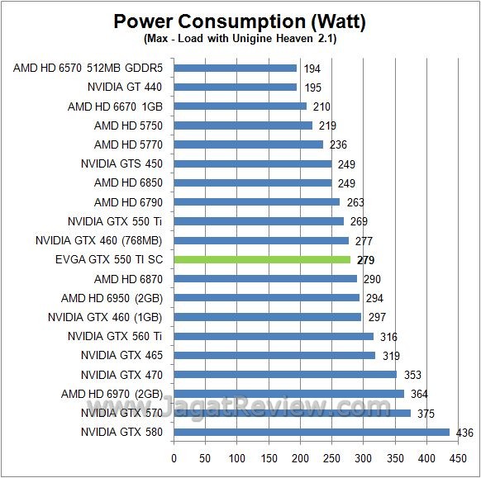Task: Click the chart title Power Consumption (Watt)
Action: click(x=240, y=21)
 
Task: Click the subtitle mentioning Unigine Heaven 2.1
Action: click(x=240, y=38)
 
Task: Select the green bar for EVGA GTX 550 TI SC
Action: click(x=262, y=259)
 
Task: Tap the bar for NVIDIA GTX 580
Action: click(x=312, y=432)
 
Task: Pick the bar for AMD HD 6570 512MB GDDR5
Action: click(x=236, y=69)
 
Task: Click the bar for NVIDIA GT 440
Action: click(x=236, y=87)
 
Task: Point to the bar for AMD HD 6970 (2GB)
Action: click(x=289, y=394)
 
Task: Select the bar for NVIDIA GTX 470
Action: click(x=285, y=374)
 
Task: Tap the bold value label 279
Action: click(x=365, y=260)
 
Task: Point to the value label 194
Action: click(x=312, y=69)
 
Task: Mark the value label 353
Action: click(x=412, y=375)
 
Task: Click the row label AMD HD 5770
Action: click(x=129, y=144)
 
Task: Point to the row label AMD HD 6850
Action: click(x=129, y=182)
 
